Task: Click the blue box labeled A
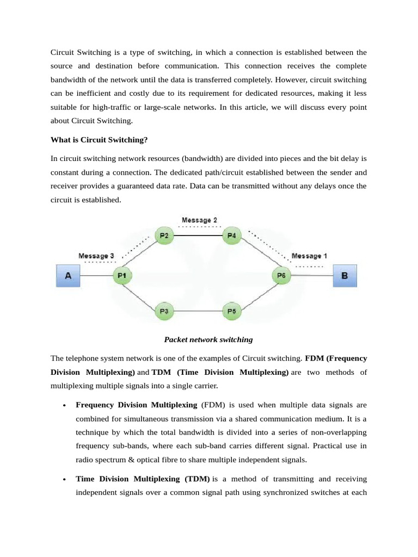tap(68, 276)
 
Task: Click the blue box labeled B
tap(344, 276)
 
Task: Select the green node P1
tap(122, 276)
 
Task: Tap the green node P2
tap(163, 236)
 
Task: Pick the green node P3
tap(163, 311)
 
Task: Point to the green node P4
tap(231, 236)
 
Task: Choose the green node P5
tap(231, 311)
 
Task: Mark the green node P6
tap(281, 276)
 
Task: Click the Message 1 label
tap(310, 256)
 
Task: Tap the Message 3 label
tap(96, 256)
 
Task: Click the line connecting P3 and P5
tap(197, 311)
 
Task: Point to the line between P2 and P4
tap(197, 236)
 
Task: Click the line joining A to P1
tap(96, 276)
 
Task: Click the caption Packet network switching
tap(208, 340)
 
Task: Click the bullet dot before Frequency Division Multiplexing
tap(65, 406)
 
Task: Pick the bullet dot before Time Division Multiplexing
tap(65, 480)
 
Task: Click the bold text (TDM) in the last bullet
tap(196, 479)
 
